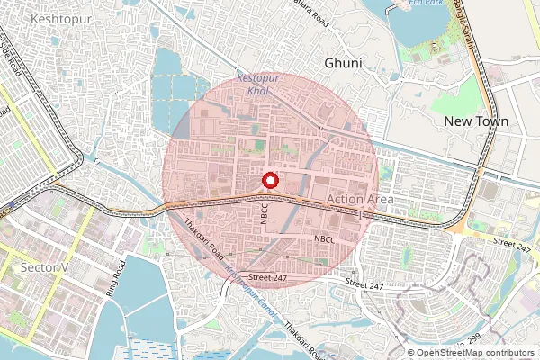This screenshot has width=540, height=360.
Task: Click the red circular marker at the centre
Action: [269, 180]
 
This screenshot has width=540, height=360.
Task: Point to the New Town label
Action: [477, 121]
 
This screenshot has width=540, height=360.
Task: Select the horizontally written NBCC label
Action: [325, 238]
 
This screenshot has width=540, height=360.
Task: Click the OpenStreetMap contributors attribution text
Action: [475, 353]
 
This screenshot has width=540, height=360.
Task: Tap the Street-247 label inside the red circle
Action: [269, 277]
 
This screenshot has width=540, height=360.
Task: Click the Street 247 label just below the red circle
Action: [364, 285]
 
